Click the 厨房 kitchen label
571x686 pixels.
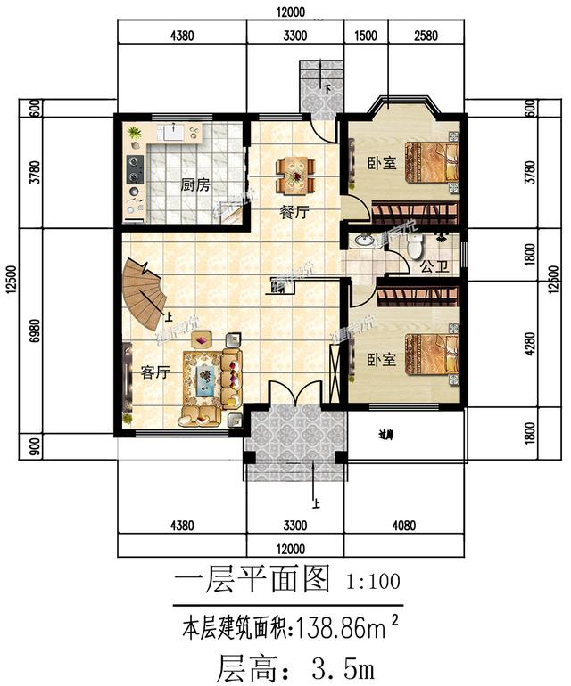click(x=194, y=186)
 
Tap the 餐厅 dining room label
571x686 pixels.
click(x=294, y=213)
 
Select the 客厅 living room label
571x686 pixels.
click(x=154, y=372)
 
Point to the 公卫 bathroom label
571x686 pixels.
click(x=433, y=265)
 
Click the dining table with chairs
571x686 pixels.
click(x=295, y=175)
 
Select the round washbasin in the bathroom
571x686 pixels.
click(x=364, y=241)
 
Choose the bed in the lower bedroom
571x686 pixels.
click(x=431, y=356)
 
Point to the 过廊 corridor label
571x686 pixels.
click(x=386, y=437)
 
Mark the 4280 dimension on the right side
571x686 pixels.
click(x=532, y=344)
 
